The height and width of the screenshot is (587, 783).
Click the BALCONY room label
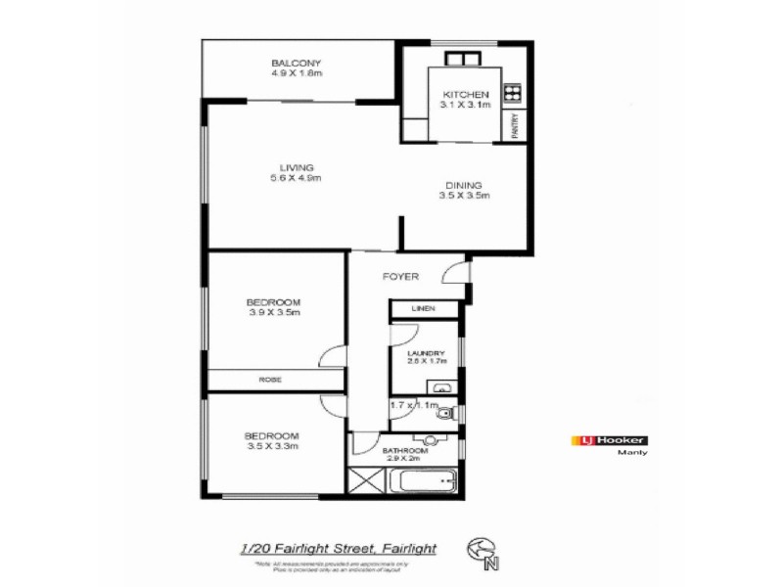(x=297, y=63)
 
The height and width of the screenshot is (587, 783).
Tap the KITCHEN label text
(x=463, y=94)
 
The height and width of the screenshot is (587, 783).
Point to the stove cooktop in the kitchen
(x=511, y=95)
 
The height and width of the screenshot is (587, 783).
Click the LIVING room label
(x=296, y=167)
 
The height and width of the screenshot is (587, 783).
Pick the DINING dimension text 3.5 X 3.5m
(x=463, y=196)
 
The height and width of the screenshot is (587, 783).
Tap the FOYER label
(x=399, y=277)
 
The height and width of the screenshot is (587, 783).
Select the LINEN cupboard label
(x=423, y=309)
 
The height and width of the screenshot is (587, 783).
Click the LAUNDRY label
(x=426, y=353)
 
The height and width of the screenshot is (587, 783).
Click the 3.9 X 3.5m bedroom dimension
(x=273, y=313)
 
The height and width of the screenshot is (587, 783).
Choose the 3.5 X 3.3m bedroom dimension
(x=271, y=446)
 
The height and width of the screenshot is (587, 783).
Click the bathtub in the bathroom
(x=424, y=480)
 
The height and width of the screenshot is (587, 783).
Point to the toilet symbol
(x=442, y=414)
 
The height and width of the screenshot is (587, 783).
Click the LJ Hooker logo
(x=608, y=440)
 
